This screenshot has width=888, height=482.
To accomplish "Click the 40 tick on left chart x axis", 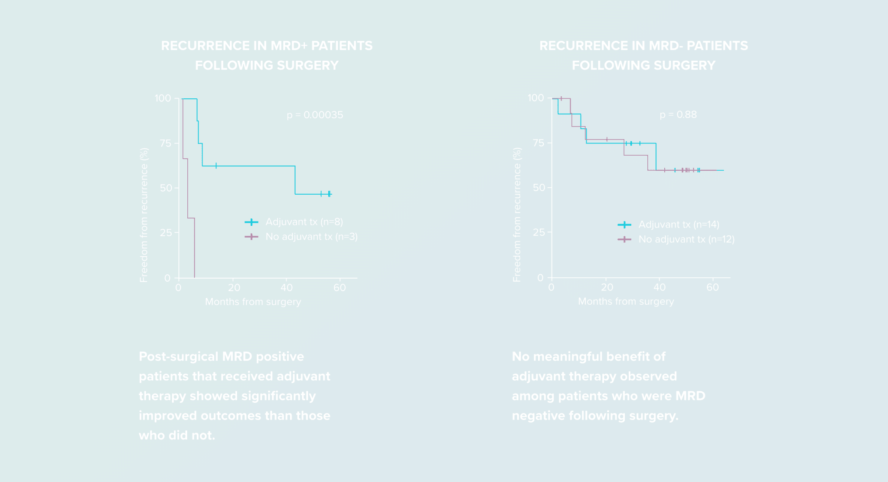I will pos(287,287).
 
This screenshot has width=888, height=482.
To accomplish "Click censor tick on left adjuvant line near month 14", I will pos(216,166).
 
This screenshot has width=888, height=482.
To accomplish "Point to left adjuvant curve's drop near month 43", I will pos(295,180).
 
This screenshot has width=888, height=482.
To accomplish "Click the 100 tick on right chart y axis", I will pos(535,98).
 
